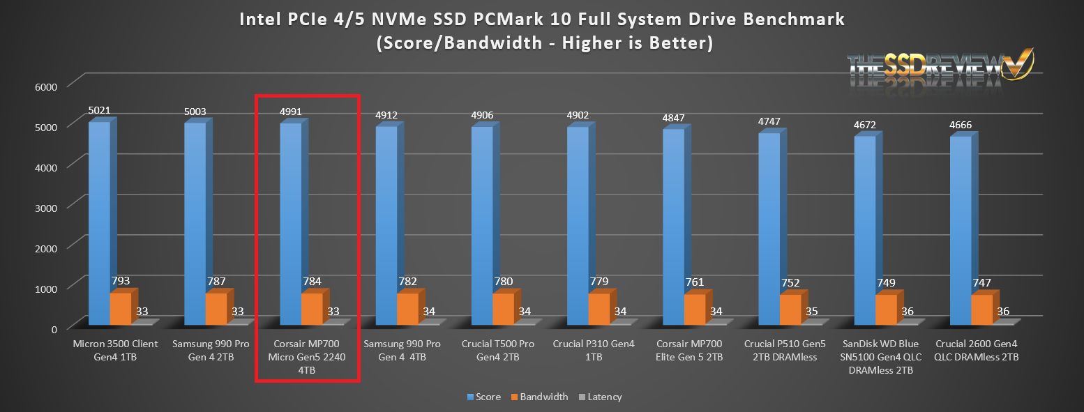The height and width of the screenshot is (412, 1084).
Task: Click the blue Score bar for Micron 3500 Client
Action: coord(99,223)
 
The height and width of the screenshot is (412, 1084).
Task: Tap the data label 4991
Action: coord(290,112)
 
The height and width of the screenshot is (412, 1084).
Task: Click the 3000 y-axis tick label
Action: coord(56,206)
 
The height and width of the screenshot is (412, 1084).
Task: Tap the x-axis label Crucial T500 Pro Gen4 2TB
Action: coord(497,351)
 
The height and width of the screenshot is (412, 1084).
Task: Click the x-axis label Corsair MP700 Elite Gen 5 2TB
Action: coord(689,351)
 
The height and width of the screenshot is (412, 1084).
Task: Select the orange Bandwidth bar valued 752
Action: coord(790,309)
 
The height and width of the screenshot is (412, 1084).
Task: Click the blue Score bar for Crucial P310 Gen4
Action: coord(578,227)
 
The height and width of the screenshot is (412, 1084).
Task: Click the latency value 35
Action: coord(811,312)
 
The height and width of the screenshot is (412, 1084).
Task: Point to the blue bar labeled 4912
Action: coord(386,227)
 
